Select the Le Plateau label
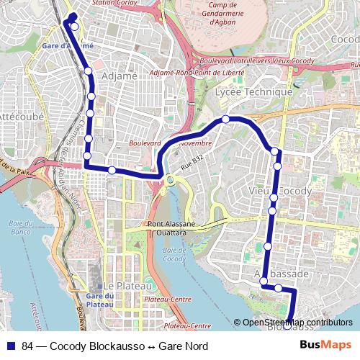coord(120,285)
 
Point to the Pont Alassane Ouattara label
coord(174,228)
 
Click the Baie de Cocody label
coord(174,254)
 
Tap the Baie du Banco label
coord(22,227)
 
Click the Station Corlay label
coord(114,3)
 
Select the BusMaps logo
coord(326,346)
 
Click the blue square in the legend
coord(11,346)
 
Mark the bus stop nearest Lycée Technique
coord(225,119)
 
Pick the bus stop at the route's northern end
coord(74,27)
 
